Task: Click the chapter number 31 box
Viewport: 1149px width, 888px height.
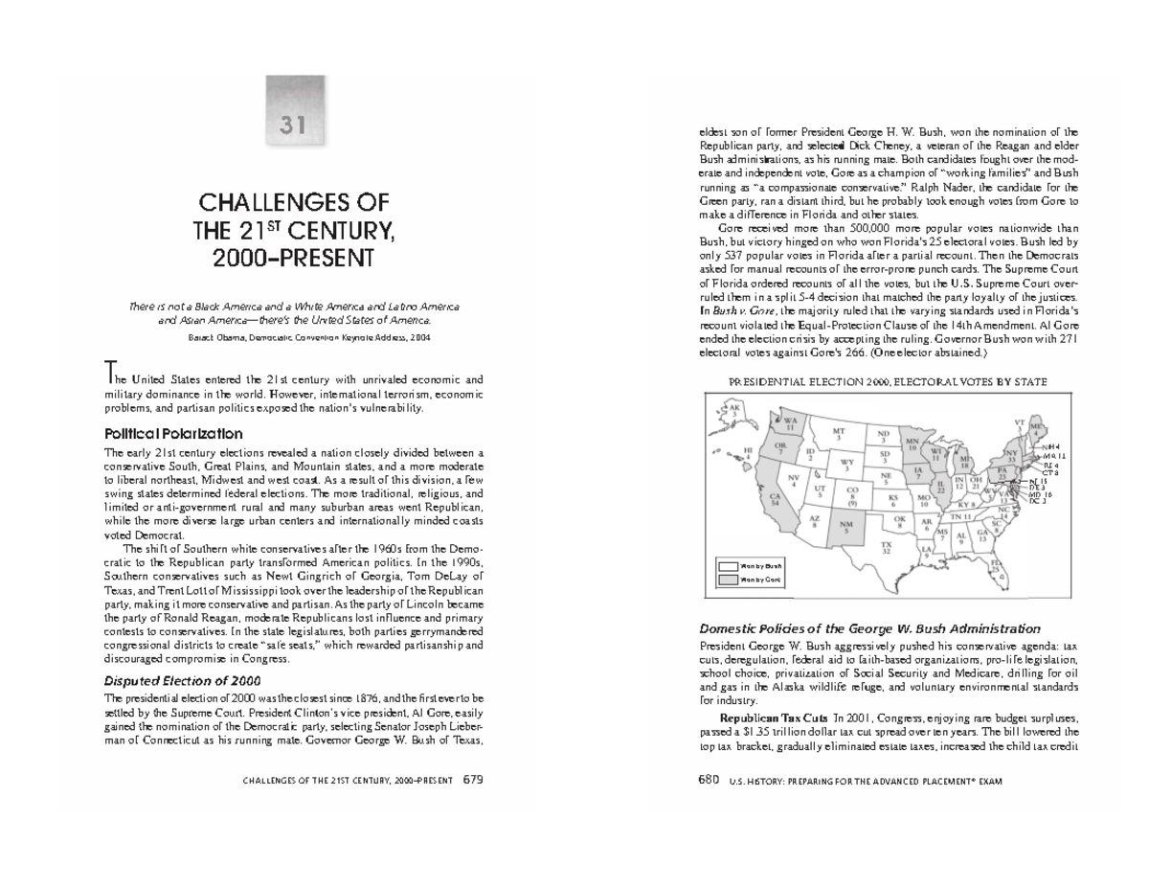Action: (295, 123)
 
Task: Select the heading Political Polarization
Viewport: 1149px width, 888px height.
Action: (172, 433)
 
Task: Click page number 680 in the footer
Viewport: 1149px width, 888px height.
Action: (709, 780)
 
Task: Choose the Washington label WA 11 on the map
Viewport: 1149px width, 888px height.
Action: (791, 422)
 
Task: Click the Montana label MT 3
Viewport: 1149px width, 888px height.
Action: (840, 434)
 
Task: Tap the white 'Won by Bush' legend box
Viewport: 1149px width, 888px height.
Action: (728, 567)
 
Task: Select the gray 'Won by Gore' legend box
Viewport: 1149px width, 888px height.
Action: (728, 580)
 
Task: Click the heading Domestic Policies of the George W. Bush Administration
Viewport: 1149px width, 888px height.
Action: (870, 628)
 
